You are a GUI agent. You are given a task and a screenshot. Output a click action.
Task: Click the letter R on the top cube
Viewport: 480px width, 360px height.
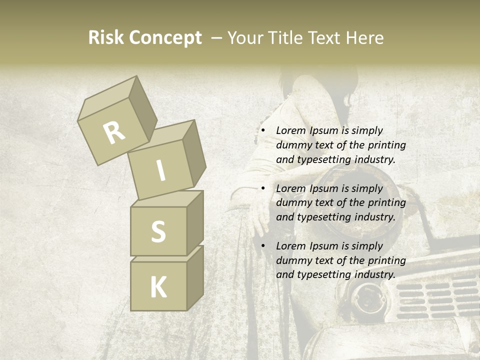pos(114,132)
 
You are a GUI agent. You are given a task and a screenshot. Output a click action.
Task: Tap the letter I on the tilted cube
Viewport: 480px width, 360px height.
pos(160,170)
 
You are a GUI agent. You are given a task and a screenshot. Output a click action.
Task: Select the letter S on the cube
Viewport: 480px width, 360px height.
pos(158,231)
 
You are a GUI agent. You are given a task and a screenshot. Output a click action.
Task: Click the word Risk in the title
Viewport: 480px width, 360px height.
pos(105,37)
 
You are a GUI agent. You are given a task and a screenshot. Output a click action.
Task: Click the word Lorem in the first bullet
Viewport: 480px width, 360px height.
pos(291,130)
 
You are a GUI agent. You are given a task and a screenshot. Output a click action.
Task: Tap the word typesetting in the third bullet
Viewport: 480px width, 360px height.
pos(325,274)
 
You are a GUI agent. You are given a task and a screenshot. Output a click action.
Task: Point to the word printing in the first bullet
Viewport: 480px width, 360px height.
pos(386,145)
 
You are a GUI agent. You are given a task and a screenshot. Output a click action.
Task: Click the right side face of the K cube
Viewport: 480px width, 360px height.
pos(195,277)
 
